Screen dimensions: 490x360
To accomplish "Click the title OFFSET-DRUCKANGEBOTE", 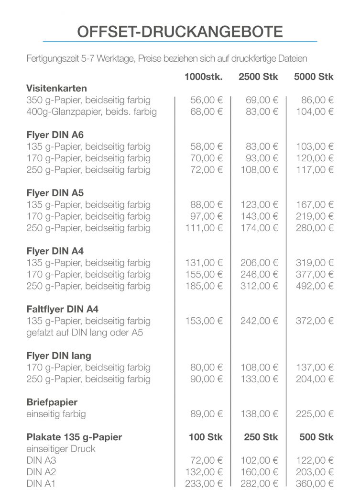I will [180, 32].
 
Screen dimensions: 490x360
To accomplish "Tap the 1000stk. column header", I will [204, 77].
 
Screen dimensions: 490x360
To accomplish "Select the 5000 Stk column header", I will [314, 77].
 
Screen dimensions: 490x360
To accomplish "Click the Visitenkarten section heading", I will [56, 89].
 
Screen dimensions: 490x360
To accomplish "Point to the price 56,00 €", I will [207, 100].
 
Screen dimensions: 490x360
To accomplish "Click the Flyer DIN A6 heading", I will [55, 135].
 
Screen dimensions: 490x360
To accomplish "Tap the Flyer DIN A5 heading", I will [55, 193].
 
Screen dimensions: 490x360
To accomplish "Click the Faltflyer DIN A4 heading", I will [62, 309].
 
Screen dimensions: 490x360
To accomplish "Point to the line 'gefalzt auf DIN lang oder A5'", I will [85, 333].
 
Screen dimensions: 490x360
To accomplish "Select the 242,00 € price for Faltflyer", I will [259, 321].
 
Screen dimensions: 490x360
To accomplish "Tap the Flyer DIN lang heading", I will [58, 356].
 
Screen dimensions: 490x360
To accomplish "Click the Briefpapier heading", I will [52, 402].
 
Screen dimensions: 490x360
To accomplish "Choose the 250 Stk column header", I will [261, 437].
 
